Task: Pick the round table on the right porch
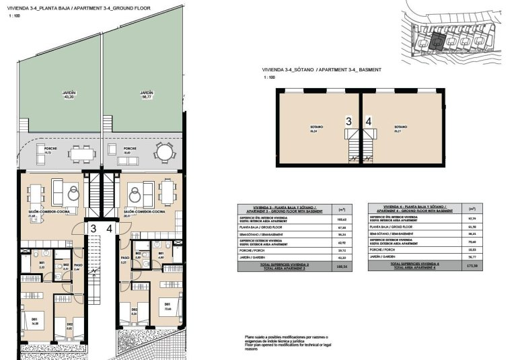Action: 163,153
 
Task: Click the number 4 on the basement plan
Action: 368,121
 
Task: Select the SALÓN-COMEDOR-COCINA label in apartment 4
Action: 145,211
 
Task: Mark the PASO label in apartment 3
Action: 77,265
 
